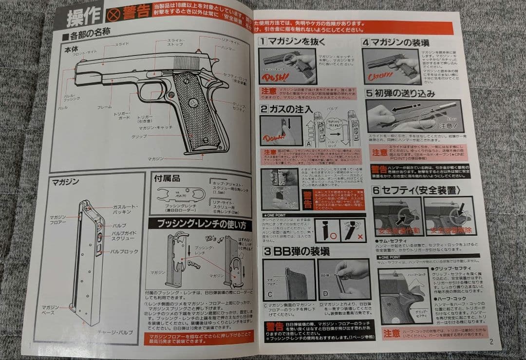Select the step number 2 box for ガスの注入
(263, 109)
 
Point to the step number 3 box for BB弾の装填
(267, 252)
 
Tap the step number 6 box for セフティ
(376, 190)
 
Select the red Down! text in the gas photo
(272, 138)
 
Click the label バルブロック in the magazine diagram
(125, 251)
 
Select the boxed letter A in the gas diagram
(309, 144)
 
